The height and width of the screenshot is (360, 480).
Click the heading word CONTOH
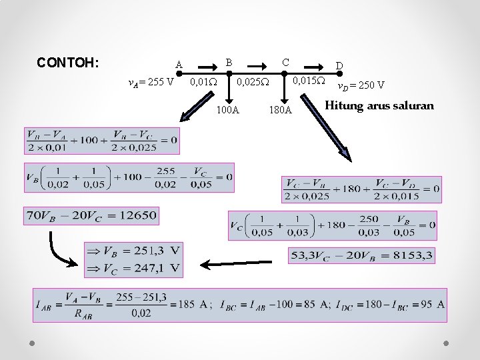[x=68, y=63]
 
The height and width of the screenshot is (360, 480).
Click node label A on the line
[x=179, y=65]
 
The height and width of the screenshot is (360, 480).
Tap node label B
[x=229, y=62]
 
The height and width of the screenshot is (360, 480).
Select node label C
[x=285, y=62]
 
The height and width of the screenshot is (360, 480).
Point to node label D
[x=339, y=65]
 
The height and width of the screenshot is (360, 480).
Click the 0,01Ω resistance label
[x=203, y=83]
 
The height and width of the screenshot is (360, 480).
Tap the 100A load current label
[x=228, y=109]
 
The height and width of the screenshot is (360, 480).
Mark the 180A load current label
[x=280, y=109]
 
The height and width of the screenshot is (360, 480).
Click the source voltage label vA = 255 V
[x=151, y=83]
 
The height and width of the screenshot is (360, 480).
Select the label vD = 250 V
[x=360, y=85]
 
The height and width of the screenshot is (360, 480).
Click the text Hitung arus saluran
[x=379, y=105]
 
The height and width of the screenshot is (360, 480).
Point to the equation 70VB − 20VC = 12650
[x=91, y=215]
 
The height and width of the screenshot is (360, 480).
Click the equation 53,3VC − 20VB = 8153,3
[x=362, y=255]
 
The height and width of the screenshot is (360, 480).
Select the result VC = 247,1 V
[x=134, y=268]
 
